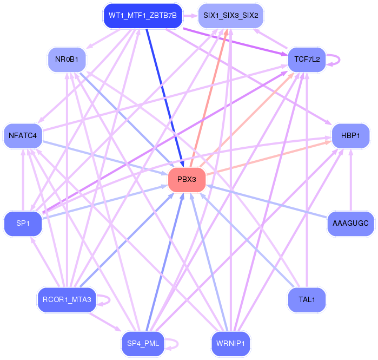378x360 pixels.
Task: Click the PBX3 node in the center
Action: (x=187, y=180)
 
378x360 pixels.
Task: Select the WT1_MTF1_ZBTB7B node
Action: (x=142, y=15)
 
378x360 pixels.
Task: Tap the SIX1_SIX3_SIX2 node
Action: (x=231, y=15)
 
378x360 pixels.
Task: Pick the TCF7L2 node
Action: (x=307, y=58)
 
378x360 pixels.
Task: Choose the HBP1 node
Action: (x=350, y=135)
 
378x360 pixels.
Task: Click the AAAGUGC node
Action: (x=350, y=223)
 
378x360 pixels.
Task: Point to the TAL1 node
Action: (x=307, y=299)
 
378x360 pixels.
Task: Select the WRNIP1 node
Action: (x=231, y=343)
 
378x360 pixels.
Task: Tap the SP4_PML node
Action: (x=142, y=343)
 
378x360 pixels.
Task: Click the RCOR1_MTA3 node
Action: (x=67, y=299)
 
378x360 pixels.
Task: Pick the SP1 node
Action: (x=23, y=223)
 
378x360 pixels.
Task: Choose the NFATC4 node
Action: (x=23, y=135)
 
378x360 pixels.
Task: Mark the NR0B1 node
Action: (x=67, y=58)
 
